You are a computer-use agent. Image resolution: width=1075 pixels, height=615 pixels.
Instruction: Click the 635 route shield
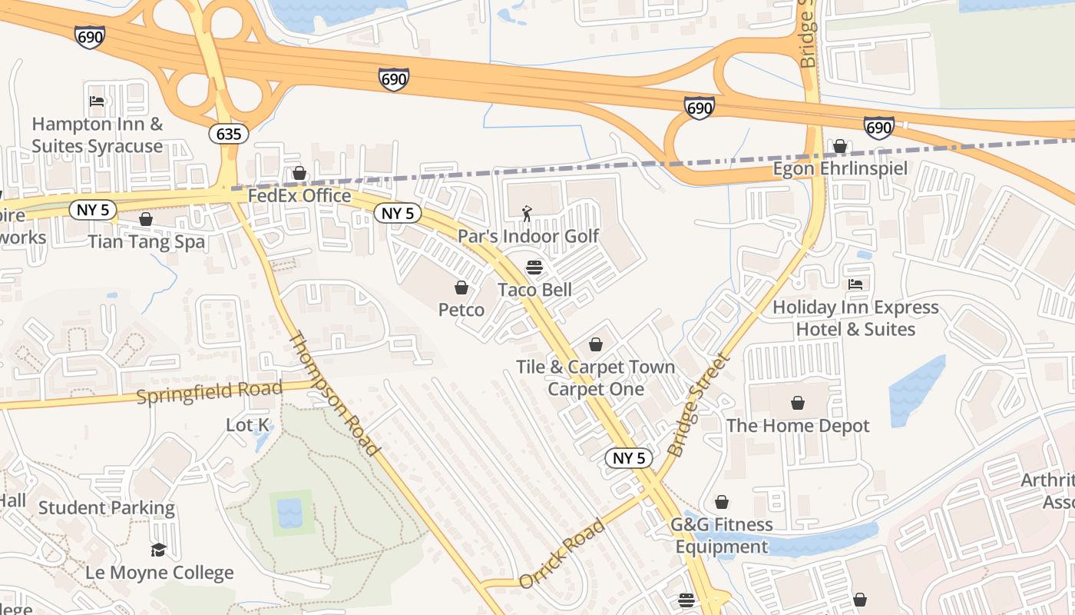point(228,134)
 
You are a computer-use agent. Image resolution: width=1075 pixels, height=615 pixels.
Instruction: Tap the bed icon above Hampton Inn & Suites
point(97,101)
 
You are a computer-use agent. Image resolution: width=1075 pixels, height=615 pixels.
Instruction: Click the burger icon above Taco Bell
point(534,268)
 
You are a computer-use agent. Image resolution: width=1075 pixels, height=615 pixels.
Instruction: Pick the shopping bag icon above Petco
point(461,288)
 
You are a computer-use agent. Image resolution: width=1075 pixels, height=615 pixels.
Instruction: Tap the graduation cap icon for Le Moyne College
point(159,550)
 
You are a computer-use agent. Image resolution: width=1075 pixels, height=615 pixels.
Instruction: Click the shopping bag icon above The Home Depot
point(798,403)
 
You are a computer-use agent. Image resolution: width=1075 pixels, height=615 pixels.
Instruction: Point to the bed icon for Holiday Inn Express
point(855,284)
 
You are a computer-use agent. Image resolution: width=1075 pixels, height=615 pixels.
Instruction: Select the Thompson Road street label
point(335,394)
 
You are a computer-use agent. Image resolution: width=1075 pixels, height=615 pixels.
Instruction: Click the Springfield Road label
point(210,391)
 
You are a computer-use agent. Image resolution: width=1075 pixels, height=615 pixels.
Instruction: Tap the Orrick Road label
point(561,554)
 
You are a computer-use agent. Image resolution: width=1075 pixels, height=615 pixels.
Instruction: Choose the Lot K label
point(248,424)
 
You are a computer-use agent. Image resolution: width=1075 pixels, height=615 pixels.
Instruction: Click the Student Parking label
point(107,508)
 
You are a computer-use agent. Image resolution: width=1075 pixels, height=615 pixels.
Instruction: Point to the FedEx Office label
point(299,196)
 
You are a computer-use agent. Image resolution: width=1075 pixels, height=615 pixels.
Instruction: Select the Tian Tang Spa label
point(146,242)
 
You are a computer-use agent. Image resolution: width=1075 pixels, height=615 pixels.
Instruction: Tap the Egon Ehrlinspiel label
point(840,168)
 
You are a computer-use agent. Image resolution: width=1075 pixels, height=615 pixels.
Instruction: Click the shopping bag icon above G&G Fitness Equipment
point(722,503)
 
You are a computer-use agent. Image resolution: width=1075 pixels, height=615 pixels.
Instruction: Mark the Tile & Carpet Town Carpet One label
point(595,378)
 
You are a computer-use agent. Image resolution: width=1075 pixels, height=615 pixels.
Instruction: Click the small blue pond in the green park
point(290,513)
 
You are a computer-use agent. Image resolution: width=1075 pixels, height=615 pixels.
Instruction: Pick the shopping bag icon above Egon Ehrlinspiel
point(840,146)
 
